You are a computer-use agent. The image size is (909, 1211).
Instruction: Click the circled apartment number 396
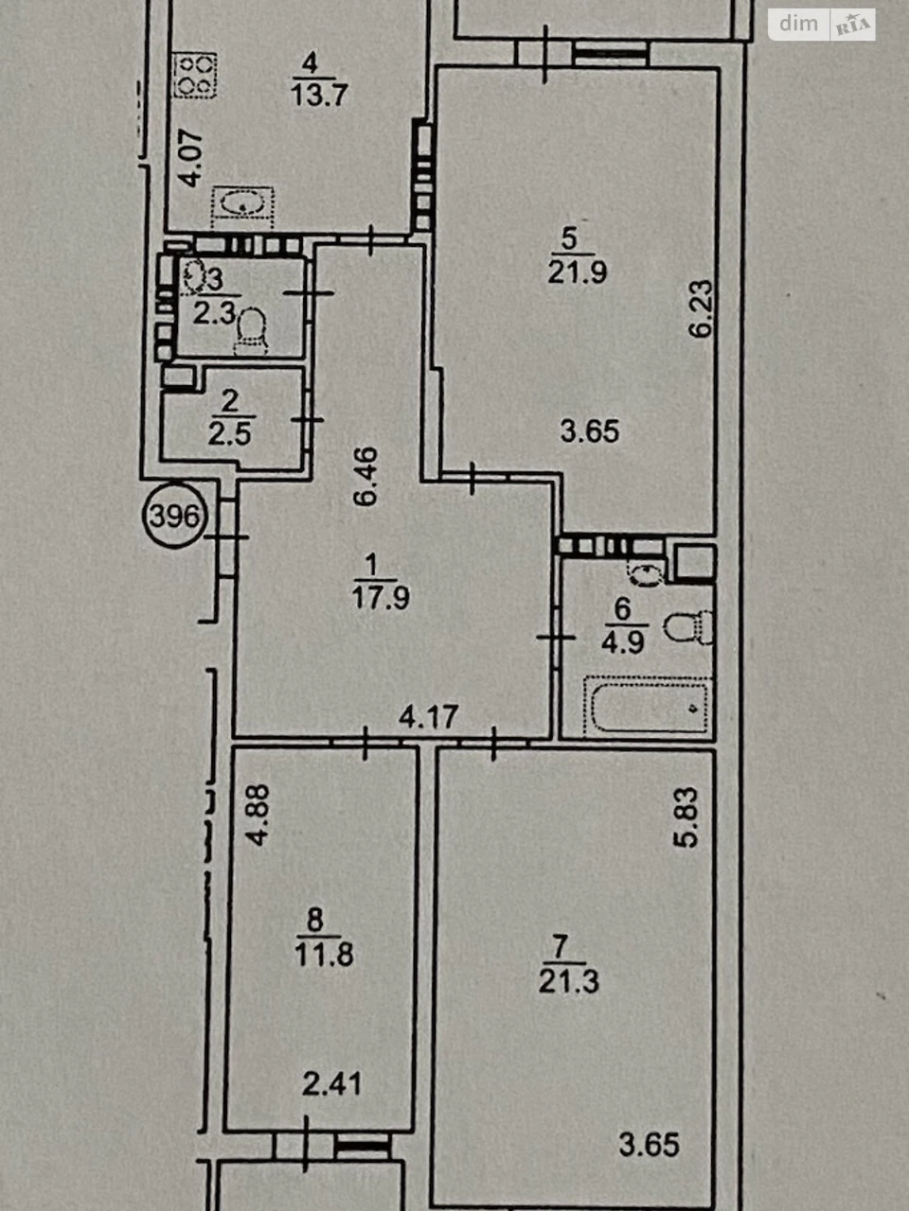[174, 516]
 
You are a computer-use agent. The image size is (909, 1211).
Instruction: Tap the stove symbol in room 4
[195, 75]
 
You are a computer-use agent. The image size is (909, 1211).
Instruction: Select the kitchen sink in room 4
[242, 207]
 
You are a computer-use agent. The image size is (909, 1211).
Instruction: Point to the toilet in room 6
[688, 626]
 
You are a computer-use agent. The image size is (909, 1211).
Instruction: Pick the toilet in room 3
[252, 330]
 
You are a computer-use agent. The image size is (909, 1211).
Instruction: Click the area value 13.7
[319, 95]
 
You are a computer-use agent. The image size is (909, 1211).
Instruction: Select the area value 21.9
[578, 272]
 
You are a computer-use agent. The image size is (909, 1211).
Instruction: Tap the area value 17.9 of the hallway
[381, 598]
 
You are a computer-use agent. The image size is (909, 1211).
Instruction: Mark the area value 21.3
[568, 982]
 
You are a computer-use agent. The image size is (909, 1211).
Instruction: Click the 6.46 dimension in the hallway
[365, 477]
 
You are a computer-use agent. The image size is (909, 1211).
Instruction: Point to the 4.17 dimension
[428, 717]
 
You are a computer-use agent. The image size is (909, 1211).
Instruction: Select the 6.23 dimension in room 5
[702, 308]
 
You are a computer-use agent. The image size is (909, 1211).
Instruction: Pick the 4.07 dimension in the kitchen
[192, 159]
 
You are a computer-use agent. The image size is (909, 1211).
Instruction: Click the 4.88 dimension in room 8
[258, 816]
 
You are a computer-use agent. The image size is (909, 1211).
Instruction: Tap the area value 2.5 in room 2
[229, 434]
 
